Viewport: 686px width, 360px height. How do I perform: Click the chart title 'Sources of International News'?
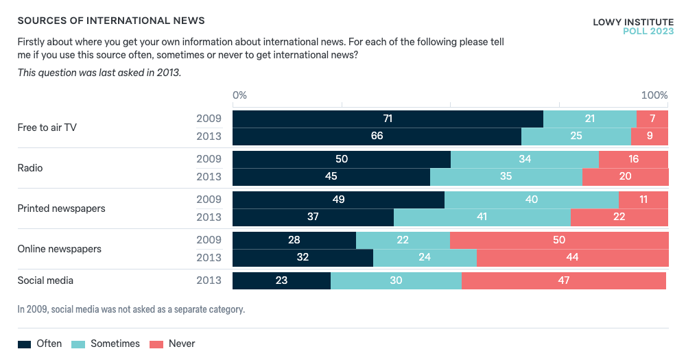point(111,21)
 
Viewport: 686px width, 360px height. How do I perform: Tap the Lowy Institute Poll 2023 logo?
point(632,27)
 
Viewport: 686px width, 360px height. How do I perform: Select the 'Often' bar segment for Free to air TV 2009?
point(388,119)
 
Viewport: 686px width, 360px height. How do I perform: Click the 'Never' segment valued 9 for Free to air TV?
point(650,136)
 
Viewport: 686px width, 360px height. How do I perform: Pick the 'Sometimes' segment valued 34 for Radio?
point(525,159)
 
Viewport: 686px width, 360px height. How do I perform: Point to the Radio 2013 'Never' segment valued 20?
point(625,176)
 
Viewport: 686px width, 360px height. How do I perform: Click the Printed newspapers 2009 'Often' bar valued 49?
point(338,200)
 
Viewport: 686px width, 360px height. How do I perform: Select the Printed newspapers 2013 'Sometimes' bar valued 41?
point(482,217)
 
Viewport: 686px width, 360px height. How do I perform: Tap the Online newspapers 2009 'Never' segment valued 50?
point(559,240)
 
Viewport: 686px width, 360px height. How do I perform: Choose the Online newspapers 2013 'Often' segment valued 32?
point(303,257)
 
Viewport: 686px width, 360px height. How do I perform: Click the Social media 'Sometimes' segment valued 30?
point(396,280)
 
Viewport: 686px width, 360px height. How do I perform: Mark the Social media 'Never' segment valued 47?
point(564,280)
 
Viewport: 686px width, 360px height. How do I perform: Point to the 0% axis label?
point(239,95)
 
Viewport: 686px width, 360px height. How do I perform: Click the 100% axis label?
point(654,95)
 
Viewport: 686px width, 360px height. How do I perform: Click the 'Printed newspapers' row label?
point(61,208)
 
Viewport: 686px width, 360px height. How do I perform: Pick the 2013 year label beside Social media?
point(209,280)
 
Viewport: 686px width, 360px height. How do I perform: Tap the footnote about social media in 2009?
point(131,309)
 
